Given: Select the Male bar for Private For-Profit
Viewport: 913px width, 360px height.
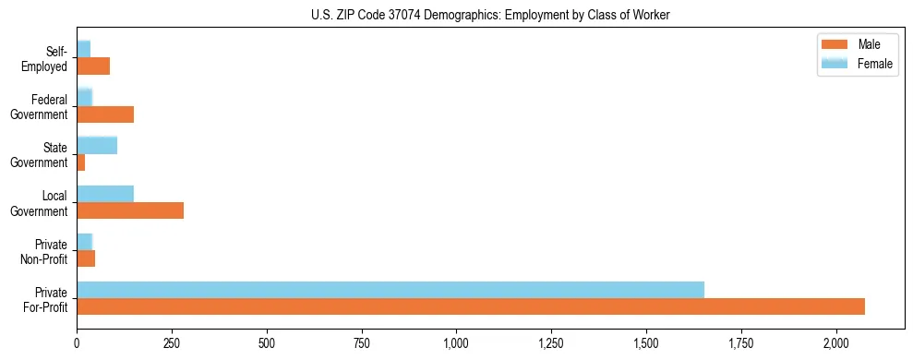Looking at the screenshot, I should (x=471, y=306).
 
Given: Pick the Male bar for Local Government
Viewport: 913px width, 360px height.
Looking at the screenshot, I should (x=130, y=210).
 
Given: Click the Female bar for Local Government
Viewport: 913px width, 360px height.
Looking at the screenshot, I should (x=105, y=194).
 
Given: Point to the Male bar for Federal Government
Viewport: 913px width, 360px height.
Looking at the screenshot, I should (x=105, y=114).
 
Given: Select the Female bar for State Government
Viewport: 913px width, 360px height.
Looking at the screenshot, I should (x=97, y=145).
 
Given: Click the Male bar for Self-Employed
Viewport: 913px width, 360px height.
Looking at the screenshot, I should (x=93, y=66).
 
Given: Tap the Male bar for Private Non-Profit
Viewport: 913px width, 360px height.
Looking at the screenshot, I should (x=86, y=258).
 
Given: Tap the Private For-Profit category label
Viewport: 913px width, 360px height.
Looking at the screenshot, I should (x=45, y=299).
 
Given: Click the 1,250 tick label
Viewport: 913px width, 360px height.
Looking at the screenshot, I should (x=551, y=342).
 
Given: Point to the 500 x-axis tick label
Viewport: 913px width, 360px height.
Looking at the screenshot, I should (x=267, y=342).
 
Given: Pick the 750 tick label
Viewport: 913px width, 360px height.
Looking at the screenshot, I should (x=361, y=342).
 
